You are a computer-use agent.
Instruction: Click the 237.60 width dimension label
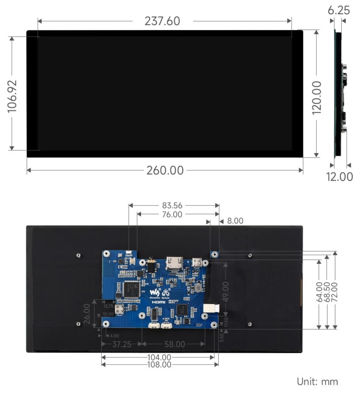162,21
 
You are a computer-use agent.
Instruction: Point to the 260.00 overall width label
164,170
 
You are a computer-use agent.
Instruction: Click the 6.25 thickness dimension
340,10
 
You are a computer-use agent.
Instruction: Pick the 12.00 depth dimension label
340,176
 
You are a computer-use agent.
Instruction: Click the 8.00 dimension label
235,222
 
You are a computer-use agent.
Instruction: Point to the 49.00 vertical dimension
225,291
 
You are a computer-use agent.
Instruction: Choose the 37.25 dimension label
121,344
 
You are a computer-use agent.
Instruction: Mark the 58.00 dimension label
174,344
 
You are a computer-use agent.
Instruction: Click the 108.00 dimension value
159,364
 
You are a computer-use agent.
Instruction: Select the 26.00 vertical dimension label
87,313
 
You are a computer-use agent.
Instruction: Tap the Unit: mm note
317,381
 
